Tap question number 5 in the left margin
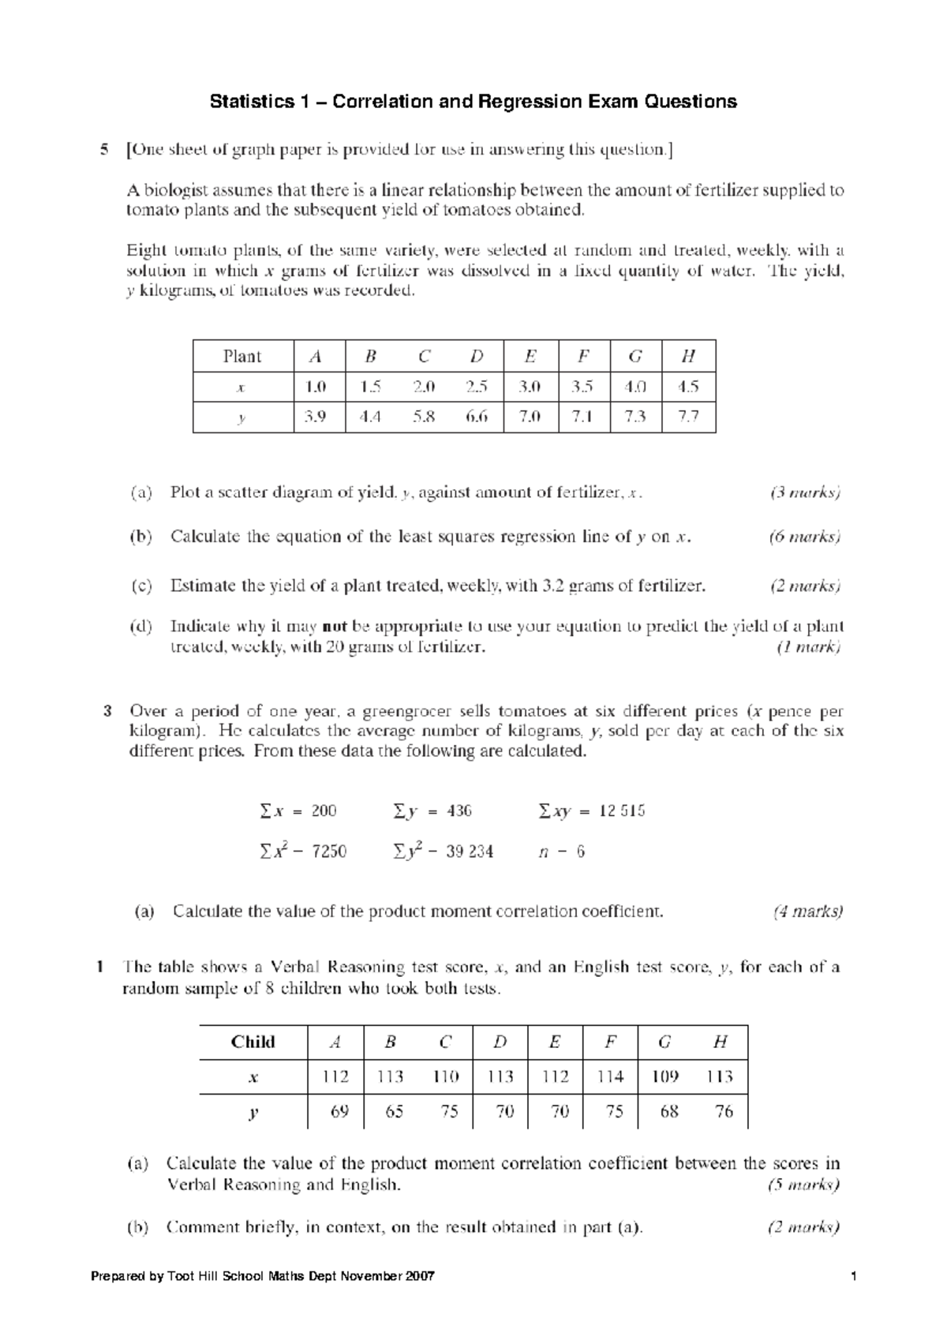coord(103,149)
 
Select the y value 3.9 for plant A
coord(316,417)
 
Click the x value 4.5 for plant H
coord(688,387)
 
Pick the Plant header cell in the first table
coord(242,357)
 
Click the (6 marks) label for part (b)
coord(805,537)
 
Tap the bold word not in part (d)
coord(335,627)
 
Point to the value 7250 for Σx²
coord(329,852)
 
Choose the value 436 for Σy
coord(459,811)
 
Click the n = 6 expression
coord(561,852)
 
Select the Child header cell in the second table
coord(253,1042)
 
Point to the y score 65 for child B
coord(394,1112)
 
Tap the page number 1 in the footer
coord(855,1277)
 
